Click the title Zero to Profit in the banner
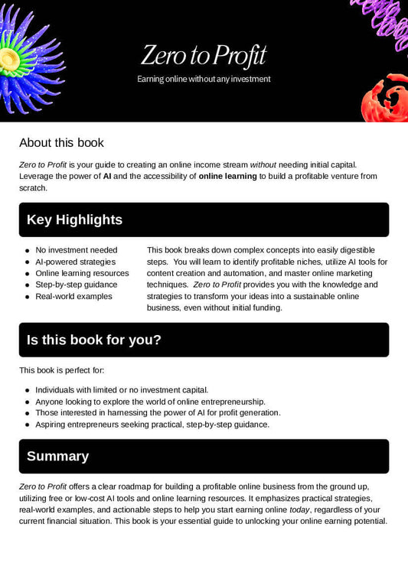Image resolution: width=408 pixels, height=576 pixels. point(204,55)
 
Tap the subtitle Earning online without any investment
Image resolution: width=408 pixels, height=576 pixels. point(204,79)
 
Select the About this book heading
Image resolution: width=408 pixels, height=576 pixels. point(61,142)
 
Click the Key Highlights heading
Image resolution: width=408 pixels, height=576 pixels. point(74,220)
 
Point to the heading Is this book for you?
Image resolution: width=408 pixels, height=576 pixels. point(93,340)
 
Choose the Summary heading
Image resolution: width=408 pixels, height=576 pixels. point(57,457)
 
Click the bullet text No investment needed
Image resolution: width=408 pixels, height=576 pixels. point(77,250)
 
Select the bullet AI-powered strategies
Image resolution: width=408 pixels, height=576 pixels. point(76,262)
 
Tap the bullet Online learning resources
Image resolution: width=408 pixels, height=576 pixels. point(82,273)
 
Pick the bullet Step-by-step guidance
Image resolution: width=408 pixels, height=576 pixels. point(77,285)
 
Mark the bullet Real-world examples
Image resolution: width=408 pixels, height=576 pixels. point(73,296)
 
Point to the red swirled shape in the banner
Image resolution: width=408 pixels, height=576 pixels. point(385,98)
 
